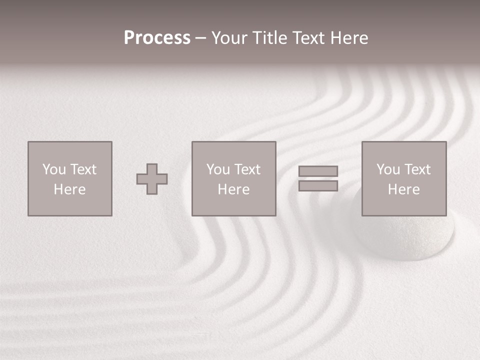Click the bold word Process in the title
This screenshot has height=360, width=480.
click(157, 38)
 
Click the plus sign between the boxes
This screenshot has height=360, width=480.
click(152, 179)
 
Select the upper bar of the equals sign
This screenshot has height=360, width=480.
click(318, 171)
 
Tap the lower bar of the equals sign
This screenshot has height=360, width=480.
click(318, 186)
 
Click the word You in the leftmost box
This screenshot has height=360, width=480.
click(54, 169)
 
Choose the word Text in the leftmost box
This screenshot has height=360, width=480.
click(82, 169)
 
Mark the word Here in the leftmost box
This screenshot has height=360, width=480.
click(69, 189)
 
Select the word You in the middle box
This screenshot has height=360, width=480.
click(218, 169)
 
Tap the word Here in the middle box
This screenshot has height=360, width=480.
click(233, 189)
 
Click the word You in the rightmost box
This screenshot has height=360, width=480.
click(388, 169)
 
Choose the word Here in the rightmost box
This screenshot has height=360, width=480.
click(403, 189)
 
